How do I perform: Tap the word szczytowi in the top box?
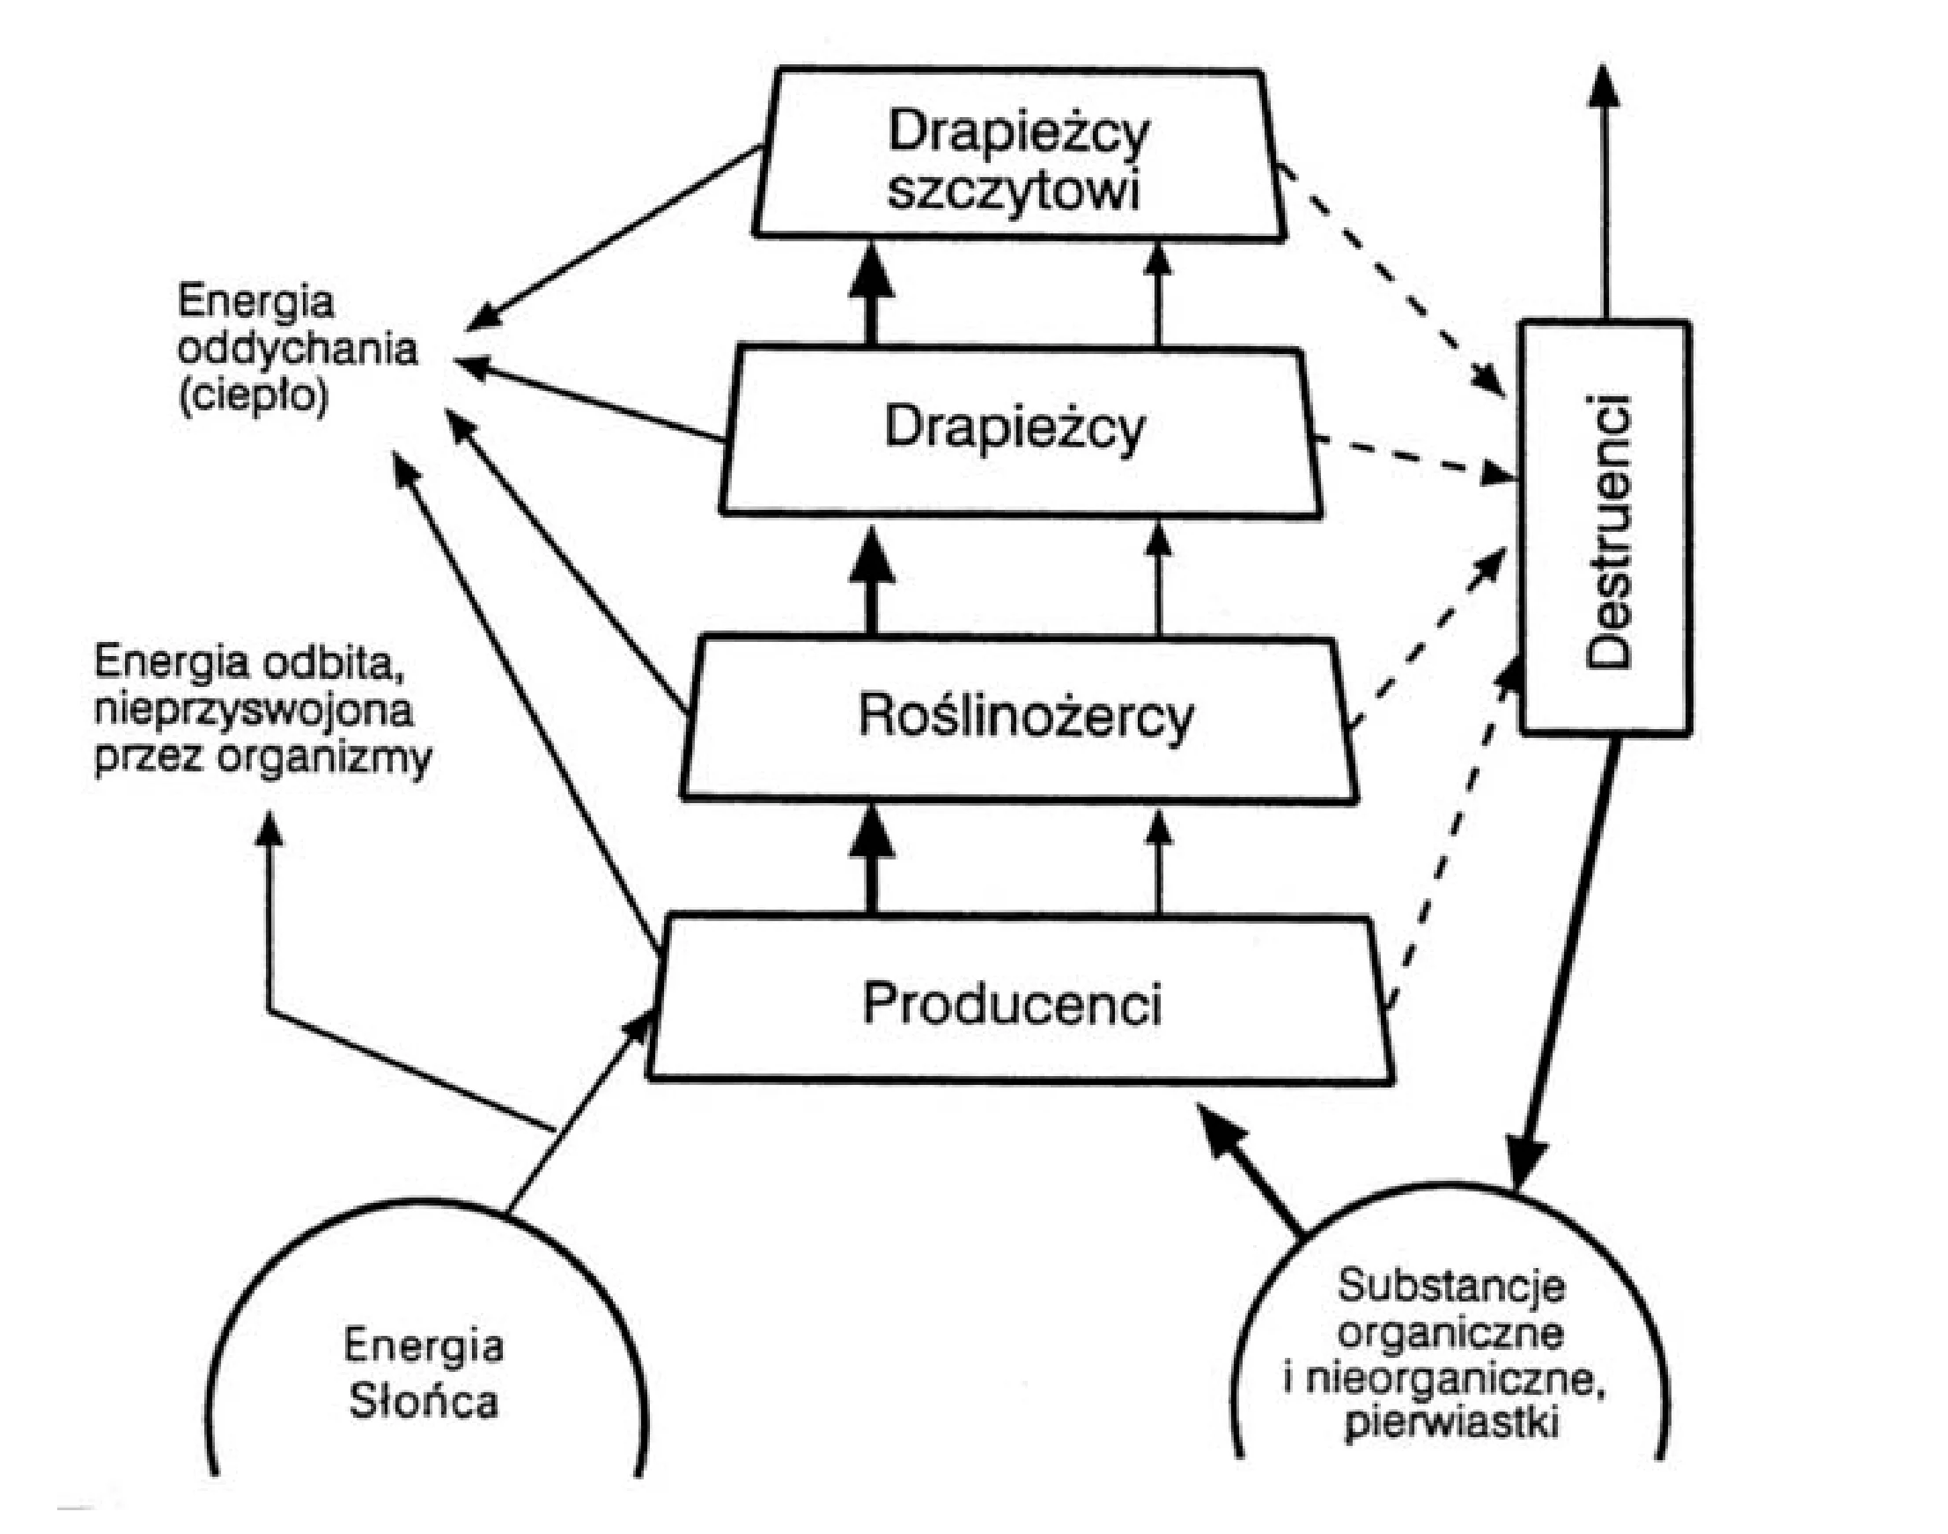click(x=1014, y=191)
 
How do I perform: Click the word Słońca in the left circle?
click(x=423, y=1401)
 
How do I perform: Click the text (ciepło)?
click(x=254, y=396)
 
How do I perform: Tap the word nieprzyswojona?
click(x=254, y=712)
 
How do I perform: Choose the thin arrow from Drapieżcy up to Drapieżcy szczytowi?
click(x=1159, y=295)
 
